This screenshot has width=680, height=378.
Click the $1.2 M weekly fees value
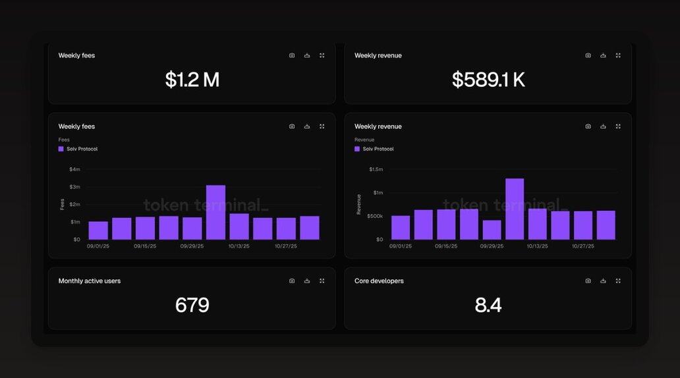(x=192, y=80)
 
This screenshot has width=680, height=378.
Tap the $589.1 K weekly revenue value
(x=488, y=80)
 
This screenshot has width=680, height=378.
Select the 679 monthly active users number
(x=192, y=306)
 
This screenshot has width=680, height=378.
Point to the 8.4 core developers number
(x=488, y=306)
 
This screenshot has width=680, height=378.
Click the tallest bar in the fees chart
(x=215, y=212)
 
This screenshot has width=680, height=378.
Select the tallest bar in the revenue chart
(x=515, y=209)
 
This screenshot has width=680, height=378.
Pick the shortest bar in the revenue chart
(x=492, y=229)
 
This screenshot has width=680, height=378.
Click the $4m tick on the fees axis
(x=74, y=169)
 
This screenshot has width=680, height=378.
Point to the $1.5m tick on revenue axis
(x=375, y=169)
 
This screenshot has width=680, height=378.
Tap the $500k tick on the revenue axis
(x=374, y=216)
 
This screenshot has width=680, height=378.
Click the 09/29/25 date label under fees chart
(x=191, y=246)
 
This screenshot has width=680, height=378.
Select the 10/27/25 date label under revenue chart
(x=583, y=246)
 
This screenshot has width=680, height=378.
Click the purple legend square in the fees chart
(x=61, y=149)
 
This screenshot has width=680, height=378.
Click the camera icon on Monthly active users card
(x=292, y=281)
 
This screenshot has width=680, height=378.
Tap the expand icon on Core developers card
(x=618, y=281)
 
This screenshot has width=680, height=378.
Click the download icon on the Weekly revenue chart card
(x=603, y=126)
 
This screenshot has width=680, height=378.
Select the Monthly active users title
(x=90, y=281)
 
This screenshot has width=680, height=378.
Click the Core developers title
(x=379, y=281)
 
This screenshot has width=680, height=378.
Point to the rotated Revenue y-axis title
(x=359, y=204)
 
